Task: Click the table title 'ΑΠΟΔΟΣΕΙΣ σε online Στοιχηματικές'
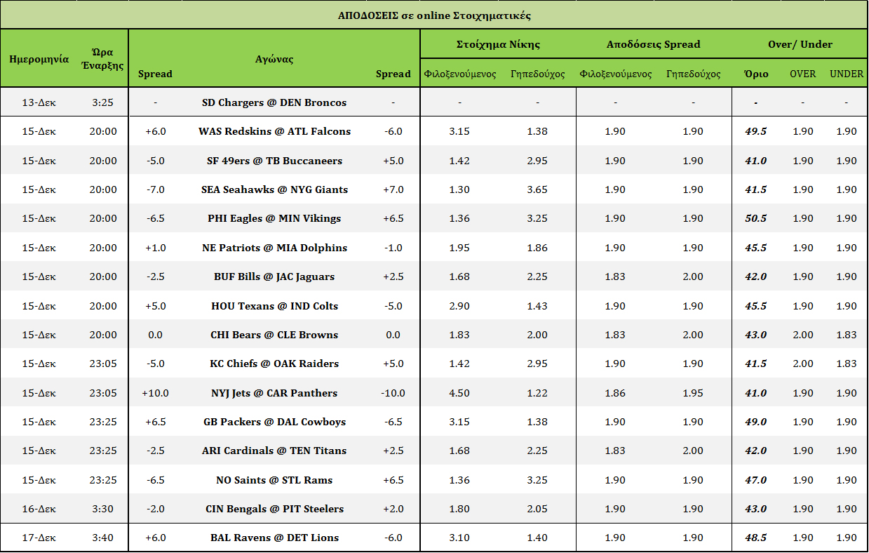(x=433, y=15)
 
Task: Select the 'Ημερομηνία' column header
(x=39, y=59)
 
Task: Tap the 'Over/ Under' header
(x=800, y=44)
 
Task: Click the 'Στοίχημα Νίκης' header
(x=498, y=44)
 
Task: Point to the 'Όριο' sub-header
(x=756, y=74)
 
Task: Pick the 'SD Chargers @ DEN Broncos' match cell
(x=274, y=102)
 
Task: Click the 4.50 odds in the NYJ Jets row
(x=459, y=393)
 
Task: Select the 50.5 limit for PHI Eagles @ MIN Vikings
(x=755, y=218)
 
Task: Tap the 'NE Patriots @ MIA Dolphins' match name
(x=274, y=248)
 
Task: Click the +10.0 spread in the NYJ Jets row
(x=155, y=393)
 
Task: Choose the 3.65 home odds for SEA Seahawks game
(x=537, y=189)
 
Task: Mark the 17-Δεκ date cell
(x=39, y=538)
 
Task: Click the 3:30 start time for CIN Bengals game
(x=103, y=509)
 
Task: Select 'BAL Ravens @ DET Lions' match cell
(x=274, y=538)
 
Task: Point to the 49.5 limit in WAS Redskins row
(x=755, y=131)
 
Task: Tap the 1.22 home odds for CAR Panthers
(x=537, y=393)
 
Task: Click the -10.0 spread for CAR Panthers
(x=393, y=393)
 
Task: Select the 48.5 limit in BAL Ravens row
(x=755, y=538)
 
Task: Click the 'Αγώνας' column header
(x=274, y=59)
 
